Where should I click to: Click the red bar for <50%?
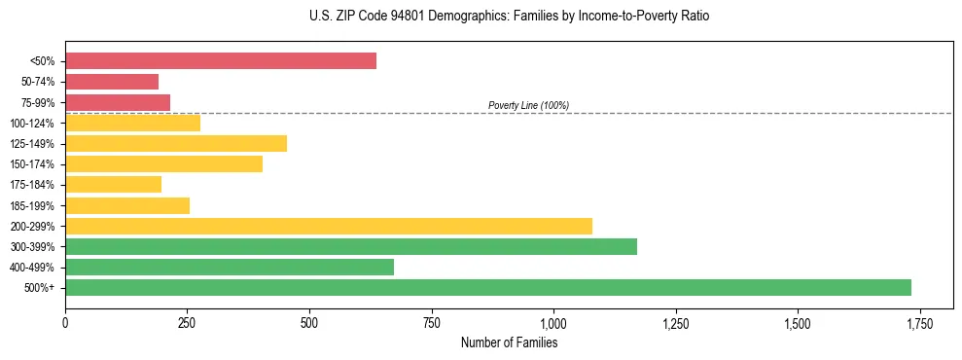(221, 61)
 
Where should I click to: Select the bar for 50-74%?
(112, 82)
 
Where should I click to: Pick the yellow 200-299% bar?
(329, 226)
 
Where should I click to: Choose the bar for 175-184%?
(113, 184)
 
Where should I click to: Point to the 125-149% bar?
(176, 143)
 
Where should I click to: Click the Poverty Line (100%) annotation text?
(528, 105)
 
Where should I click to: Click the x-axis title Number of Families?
(509, 342)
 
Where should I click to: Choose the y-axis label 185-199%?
(33, 205)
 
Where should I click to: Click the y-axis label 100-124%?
(33, 123)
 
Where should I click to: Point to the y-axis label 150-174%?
(33, 163)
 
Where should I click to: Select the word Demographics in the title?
(446, 17)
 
